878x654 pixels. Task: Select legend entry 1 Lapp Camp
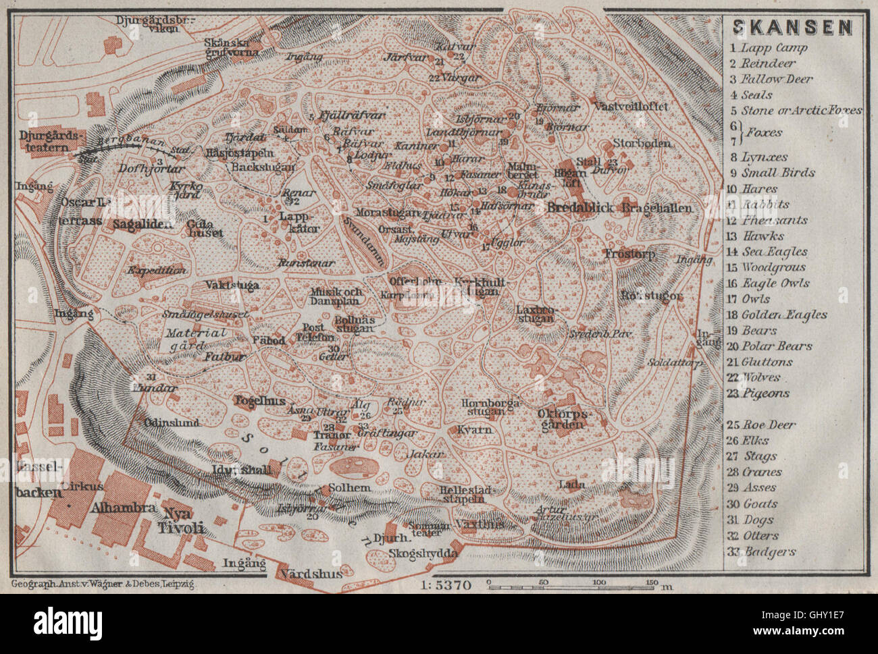(x=768, y=48)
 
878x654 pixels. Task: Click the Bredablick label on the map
(x=581, y=207)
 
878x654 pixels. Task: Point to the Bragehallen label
(x=657, y=208)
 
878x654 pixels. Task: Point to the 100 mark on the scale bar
(x=598, y=581)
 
